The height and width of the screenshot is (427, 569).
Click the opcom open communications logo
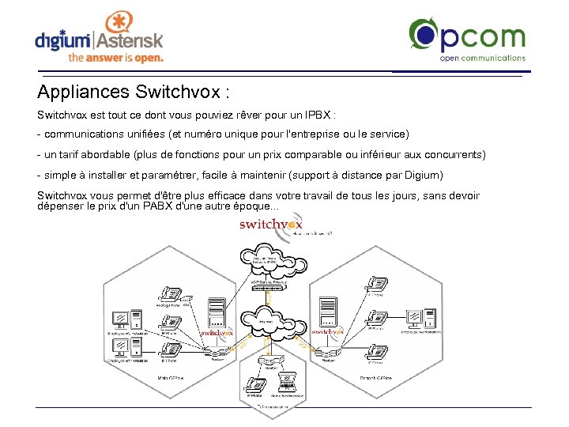point(466,40)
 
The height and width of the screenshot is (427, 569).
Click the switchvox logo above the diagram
point(270,225)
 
